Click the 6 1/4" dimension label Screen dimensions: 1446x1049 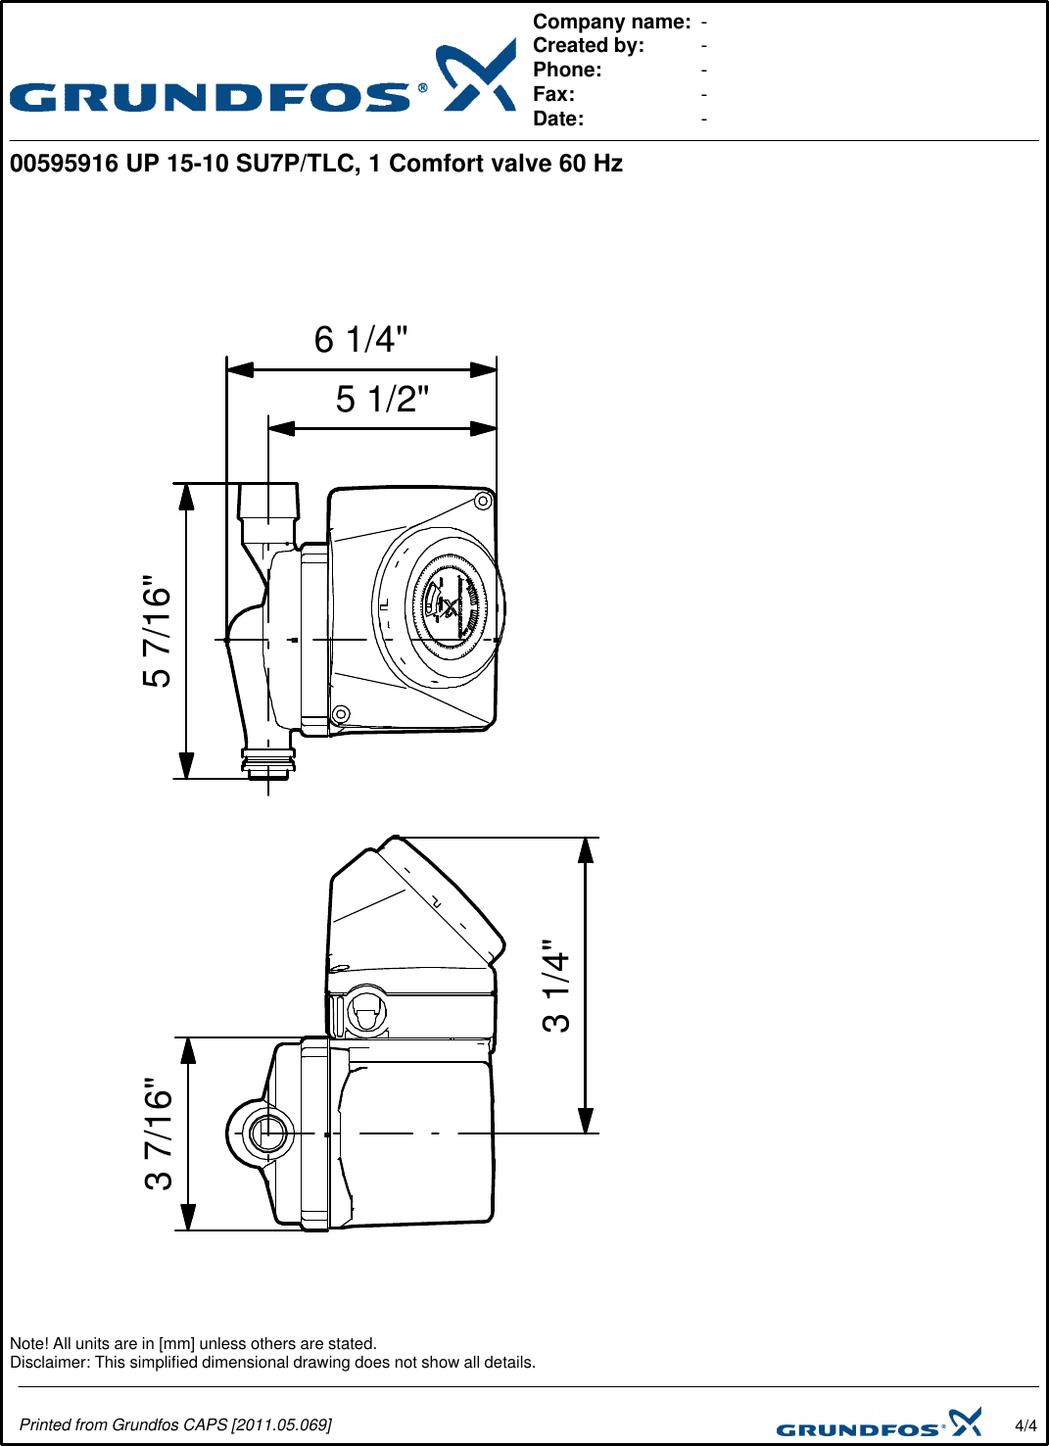tap(360, 340)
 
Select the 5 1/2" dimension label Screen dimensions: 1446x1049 tap(382, 400)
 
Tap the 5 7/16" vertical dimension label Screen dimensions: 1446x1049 tap(157, 631)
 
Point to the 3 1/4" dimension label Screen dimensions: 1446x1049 tap(555, 986)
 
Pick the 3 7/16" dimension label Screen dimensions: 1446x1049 tap(159, 1134)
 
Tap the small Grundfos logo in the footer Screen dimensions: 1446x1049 tap(879, 1423)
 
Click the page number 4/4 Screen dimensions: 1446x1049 tap(1025, 1425)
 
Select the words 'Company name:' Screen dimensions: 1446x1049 tap(611, 22)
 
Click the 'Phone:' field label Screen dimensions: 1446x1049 tap(567, 70)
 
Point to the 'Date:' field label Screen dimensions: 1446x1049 tap(558, 119)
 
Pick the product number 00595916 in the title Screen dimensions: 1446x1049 tap(64, 164)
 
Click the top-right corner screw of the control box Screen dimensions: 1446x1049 tap(483, 502)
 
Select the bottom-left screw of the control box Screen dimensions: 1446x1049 tap(341, 714)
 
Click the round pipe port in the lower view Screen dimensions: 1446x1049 tap(266, 1134)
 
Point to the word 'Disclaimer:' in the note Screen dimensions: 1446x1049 tap(50, 1363)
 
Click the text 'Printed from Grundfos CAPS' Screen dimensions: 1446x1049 tap(123, 1424)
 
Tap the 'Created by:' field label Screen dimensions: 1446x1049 tap(588, 45)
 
